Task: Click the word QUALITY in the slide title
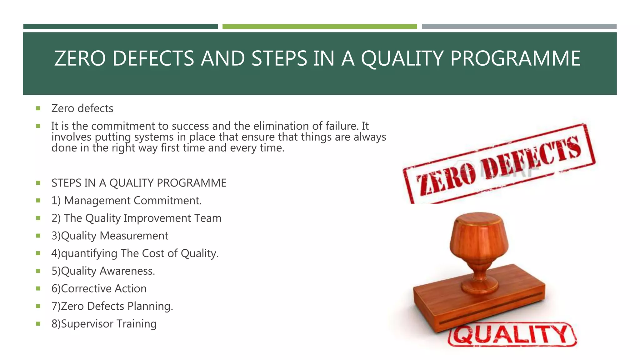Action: tap(402, 58)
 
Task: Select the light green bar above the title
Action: tap(319, 27)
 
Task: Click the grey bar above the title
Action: tap(519, 27)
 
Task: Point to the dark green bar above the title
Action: tap(120, 27)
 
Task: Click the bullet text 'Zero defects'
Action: tap(82, 108)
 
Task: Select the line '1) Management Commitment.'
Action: tap(127, 201)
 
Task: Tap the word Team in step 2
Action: tap(207, 218)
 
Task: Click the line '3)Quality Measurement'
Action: tap(110, 236)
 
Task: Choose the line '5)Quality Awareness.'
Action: tap(103, 271)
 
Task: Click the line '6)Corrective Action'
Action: tap(99, 288)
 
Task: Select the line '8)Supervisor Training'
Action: tap(104, 324)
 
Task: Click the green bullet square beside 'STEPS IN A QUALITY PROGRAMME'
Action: tap(38, 183)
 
